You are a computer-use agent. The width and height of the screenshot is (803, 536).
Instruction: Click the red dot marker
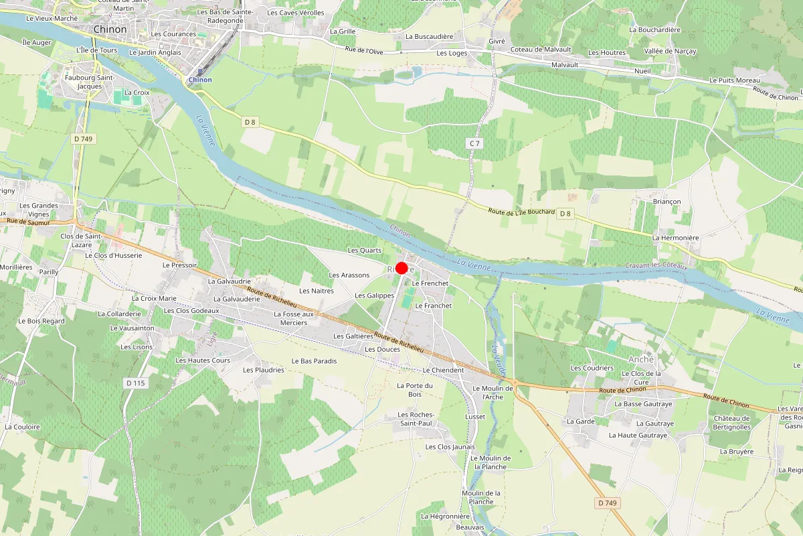[x=401, y=268]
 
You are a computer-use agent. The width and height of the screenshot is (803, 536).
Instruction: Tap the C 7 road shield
[x=474, y=143]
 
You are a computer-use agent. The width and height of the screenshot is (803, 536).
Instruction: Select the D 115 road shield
[x=136, y=383]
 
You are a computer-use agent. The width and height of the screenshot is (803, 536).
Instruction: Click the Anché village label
[x=633, y=359]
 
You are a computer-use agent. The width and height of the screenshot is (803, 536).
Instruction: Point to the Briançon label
[x=666, y=202]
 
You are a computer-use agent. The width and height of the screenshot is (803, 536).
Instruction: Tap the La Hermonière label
[x=675, y=238]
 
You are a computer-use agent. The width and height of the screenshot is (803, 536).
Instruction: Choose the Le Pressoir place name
[x=179, y=265]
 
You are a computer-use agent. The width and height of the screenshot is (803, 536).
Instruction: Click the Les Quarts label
[x=365, y=251]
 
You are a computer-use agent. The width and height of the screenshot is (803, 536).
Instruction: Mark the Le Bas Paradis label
[x=314, y=361]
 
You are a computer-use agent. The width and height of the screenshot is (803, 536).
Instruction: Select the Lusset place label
[x=475, y=417]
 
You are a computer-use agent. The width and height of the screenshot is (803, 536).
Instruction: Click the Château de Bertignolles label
[x=731, y=423]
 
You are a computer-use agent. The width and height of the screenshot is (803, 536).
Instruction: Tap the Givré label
[x=497, y=42]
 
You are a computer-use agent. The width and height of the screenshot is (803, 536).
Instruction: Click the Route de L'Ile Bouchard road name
[x=522, y=212]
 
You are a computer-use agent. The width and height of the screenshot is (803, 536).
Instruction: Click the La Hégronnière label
[x=445, y=517]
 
